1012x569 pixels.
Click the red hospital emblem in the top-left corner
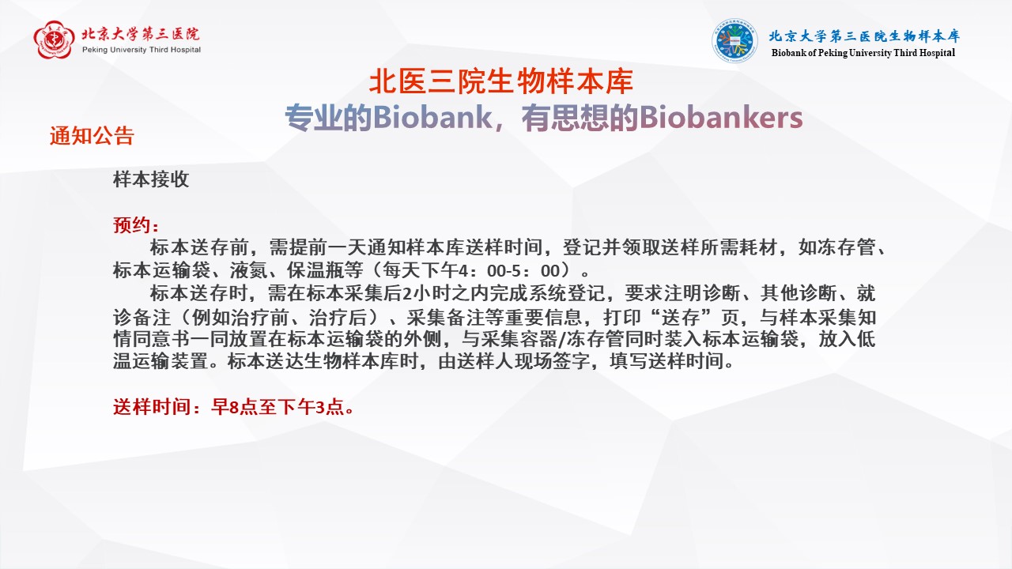[54, 40]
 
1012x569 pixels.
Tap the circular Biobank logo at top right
[734, 41]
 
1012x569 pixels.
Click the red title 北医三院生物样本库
[501, 81]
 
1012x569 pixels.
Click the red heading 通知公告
[92, 136]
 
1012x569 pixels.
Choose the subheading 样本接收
[151, 179]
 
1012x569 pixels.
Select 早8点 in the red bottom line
[232, 409]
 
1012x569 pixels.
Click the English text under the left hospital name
[141, 50]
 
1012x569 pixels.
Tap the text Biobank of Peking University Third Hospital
[863, 53]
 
